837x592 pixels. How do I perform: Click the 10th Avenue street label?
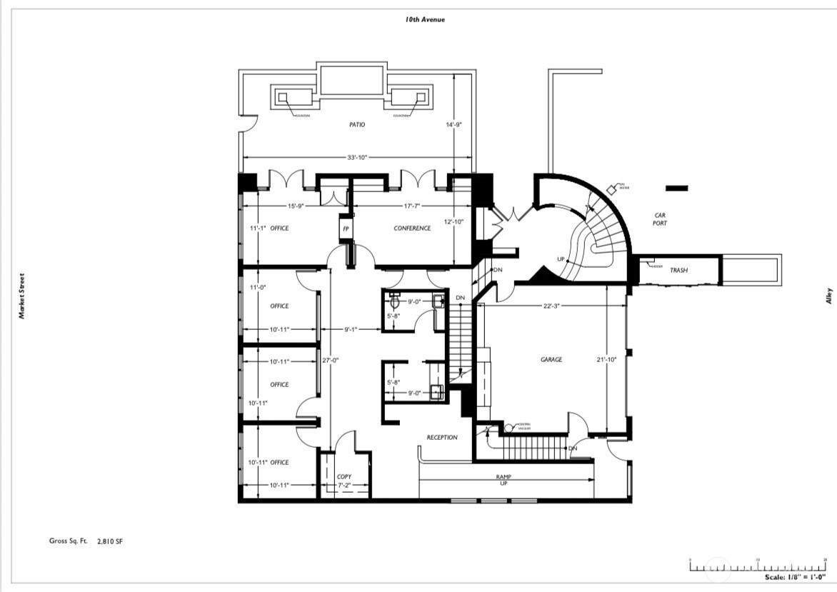425,19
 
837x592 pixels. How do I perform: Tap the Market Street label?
22,296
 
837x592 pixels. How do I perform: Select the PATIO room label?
357,124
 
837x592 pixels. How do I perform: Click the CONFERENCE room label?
412,229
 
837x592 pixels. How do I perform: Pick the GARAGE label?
551,360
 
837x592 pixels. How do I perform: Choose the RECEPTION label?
442,437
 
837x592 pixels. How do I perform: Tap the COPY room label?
344,476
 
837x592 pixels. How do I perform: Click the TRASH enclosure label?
678,271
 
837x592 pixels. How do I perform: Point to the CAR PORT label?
660,219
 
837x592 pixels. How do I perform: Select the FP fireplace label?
346,229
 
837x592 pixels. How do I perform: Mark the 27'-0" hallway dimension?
329,360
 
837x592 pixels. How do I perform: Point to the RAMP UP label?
504,479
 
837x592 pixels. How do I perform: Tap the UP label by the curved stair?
561,259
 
